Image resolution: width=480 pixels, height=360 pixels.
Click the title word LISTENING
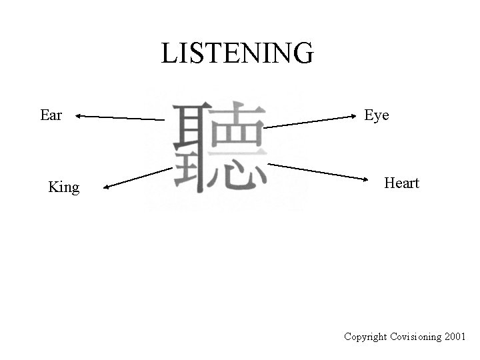coord(237,53)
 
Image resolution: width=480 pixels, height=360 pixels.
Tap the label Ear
coord(51,115)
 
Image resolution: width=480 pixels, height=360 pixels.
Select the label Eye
coord(377,115)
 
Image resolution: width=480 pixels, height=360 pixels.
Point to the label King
coord(64,187)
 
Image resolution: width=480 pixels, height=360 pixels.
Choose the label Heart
coord(401,183)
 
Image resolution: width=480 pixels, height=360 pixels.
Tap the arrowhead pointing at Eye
coord(355,116)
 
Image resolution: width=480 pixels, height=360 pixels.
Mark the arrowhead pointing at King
coord(107,189)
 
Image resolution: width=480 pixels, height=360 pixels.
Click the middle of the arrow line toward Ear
coord(120,118)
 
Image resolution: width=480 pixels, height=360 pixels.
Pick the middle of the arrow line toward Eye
coord(311,121)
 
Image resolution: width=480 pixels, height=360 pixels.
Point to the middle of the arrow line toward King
coord(138,179)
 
